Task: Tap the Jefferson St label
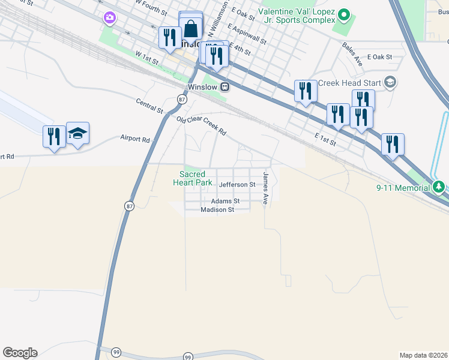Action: coord(237,185)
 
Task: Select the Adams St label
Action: coord(225,201)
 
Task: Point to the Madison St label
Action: coord(217,209)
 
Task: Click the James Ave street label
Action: coord(265,188)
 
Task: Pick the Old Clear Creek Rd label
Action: coord(201,125)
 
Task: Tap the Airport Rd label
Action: coord(135,139)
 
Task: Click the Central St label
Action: coord(149,106)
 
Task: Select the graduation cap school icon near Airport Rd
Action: coord(78,133)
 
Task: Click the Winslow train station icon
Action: coord(224,86)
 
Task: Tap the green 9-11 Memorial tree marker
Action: coord(439,187)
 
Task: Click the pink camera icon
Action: coord(109,18)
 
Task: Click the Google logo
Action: coord(20,353)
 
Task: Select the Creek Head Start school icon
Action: coord(390,82)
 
